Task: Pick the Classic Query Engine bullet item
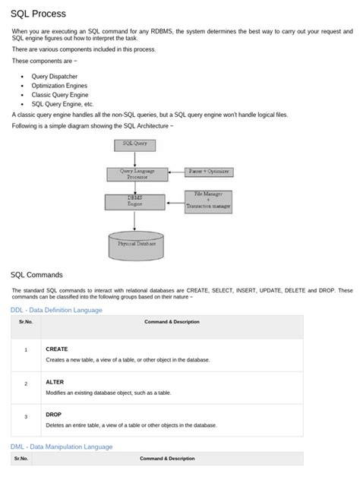[60, 96]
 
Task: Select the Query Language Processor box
[137, 173]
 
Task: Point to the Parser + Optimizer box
[209, 172]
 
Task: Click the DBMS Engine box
[134, 201]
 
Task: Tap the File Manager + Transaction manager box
[208, 200]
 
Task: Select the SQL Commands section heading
[36, 274]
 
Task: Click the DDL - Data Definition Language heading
[56, 310]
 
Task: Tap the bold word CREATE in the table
[57, 349]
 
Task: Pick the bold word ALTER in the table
[55, 383]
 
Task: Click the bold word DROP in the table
[54, 415]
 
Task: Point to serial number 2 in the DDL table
[25, 384]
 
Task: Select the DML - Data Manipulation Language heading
[62, 447]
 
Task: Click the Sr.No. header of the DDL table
[25, 322]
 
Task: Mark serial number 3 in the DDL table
[25, 417]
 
